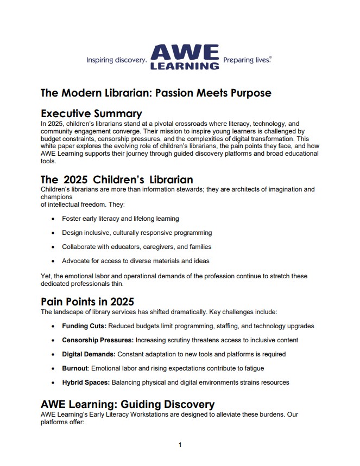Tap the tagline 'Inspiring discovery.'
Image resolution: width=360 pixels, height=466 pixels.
(116, 60)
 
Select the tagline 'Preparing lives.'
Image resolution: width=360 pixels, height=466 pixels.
(247, 60)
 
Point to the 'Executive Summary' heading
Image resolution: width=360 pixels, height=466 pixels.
(91, 113)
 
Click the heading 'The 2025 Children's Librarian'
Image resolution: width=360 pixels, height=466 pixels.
(117, 180)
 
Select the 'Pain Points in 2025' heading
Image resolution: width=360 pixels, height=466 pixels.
(87, 302)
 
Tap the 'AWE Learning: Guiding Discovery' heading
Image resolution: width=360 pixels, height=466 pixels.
(128, 404)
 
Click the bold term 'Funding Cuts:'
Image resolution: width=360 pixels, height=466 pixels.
(84, 326)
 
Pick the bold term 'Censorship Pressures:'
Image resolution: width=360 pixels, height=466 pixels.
(98, 340)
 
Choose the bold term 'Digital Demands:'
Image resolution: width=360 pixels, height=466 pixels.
(89, 354)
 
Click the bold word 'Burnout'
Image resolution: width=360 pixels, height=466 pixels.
(75, 368)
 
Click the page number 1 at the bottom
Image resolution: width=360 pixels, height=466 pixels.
(180, 445)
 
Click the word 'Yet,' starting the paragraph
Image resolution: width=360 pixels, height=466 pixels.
(47, 276)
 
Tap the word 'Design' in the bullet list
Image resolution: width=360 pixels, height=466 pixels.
(72, 233)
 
